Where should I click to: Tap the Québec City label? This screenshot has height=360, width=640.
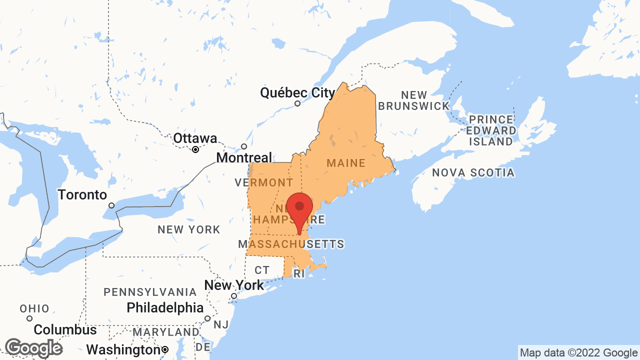coord(297,93)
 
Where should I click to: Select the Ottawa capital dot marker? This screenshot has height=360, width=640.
coord(195,149)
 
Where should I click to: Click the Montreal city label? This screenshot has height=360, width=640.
coord(244,157)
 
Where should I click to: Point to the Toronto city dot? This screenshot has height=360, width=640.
coord(111,205)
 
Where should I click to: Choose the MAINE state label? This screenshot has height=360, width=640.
coord(346,163)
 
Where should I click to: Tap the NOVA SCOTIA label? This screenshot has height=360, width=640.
coord(473,173)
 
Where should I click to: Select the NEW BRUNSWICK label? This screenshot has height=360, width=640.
coord(414,100)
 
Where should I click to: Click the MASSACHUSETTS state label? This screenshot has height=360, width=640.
coord(291,244)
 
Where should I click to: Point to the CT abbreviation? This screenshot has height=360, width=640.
coord(262,270)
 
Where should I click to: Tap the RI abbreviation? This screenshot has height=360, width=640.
coord(299,274)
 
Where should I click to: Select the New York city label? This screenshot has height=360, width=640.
coord(234,285)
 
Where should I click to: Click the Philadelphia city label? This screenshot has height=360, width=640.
coord(165,307)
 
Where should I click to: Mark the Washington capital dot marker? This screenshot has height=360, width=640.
coord(165,349)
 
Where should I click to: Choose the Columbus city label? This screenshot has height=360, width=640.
coord(65,330)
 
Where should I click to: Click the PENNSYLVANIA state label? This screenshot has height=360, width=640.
coord(150,292)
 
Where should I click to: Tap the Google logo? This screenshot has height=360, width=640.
coord(33,348)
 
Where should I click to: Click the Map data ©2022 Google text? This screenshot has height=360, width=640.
coord(578,353)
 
